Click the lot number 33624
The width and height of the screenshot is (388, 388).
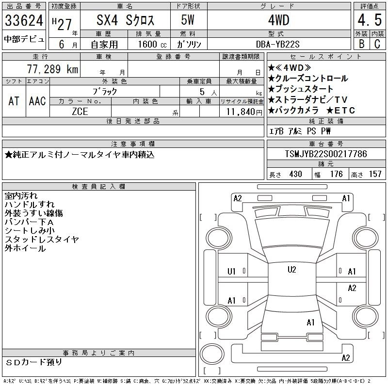point(24,20)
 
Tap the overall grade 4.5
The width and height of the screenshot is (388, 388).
point(370,20)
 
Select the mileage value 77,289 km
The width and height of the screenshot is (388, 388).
point(52,69)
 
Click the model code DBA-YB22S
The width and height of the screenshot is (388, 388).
point(277,44)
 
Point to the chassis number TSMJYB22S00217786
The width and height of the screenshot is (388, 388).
point(326,154)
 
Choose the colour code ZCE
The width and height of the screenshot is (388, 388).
point(80,112)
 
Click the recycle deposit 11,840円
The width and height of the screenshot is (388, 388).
point(244,112)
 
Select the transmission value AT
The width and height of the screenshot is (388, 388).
point(14,101)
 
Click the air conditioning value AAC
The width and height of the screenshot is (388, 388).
point(37,101)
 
